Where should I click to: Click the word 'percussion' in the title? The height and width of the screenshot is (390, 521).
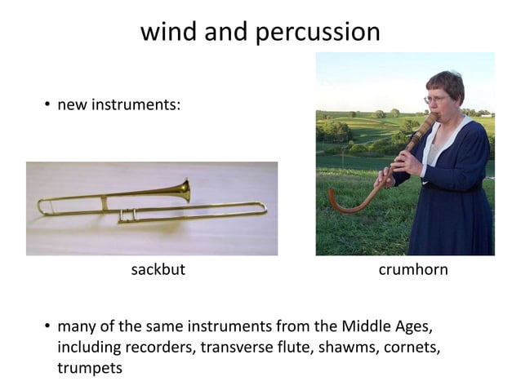tap(318, 32)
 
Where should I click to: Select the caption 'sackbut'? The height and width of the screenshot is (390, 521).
tap(158, 270)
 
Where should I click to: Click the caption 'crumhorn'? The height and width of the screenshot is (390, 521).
tap(413, 270)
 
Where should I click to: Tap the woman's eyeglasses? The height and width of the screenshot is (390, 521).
tap(435, 100)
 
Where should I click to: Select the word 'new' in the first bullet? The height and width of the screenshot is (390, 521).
tap(71, 106)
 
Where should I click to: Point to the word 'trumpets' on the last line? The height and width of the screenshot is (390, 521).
tap(90, 369)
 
